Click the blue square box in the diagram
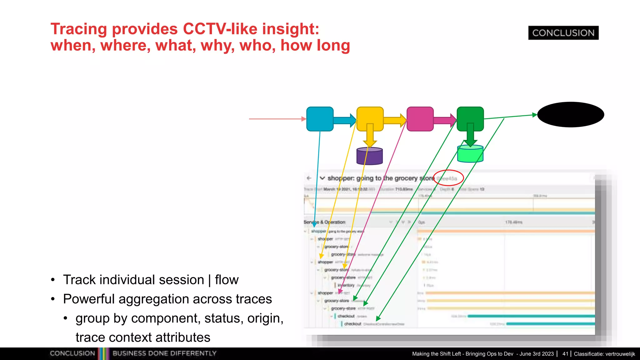pos(320,119)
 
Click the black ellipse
pos(571,114)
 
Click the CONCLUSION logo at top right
pos(563,33)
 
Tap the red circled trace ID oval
pos(448,178)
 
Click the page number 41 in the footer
pos(565,354)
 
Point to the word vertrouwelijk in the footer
pos(620,354)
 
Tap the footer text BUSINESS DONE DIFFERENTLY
pos(164,353)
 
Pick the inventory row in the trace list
pos(346,285)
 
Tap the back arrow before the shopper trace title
pos(309,178)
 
